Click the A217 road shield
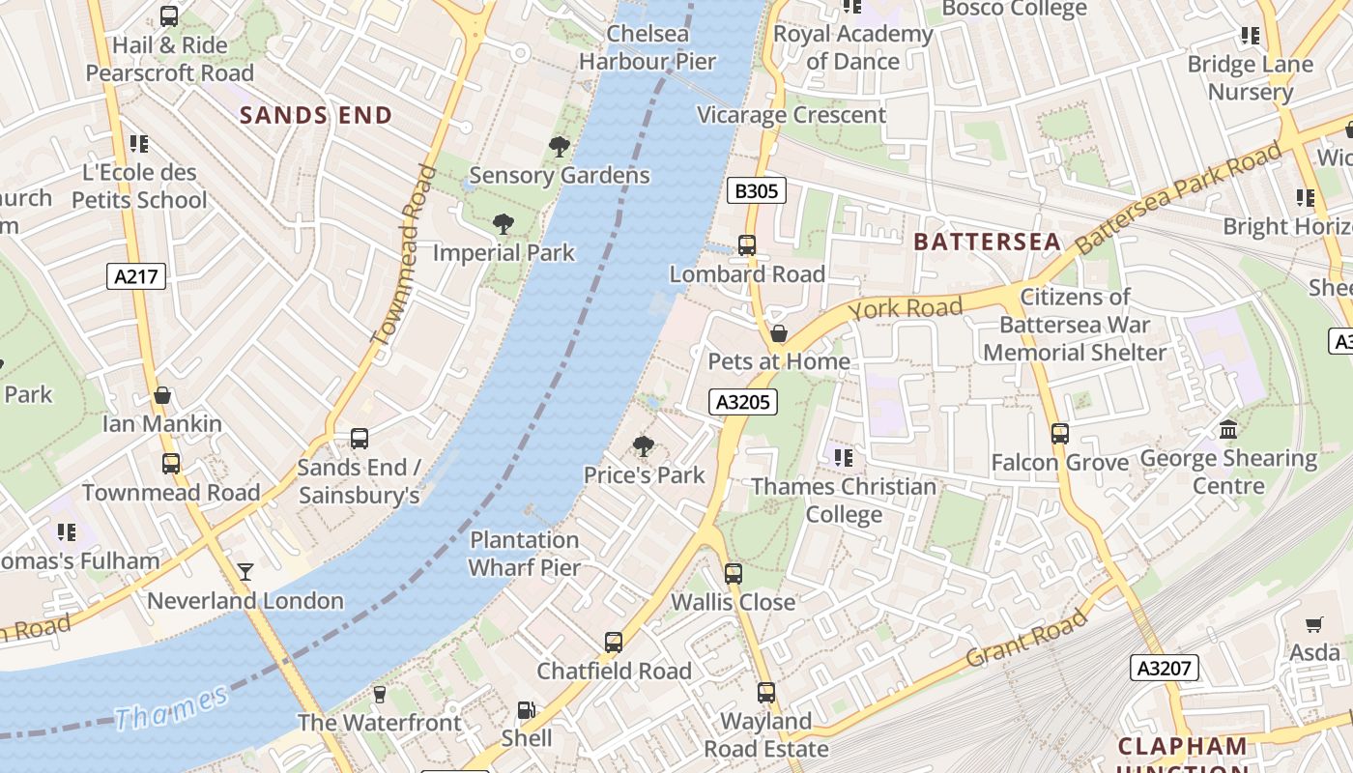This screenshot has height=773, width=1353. coord(136,277)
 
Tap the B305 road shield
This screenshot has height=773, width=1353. coord(756,190)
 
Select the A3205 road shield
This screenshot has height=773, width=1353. coord(743,402)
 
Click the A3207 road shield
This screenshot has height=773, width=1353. coord(1165,668)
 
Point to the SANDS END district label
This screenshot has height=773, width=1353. coord(316,116)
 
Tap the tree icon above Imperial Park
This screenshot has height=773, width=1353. coord(503,224)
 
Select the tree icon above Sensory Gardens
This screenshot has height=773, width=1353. coord(559,147)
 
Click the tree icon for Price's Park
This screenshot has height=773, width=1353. coord(643,445)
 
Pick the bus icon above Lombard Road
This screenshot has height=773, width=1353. coord(747,245)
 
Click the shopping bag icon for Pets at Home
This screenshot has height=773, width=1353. coord(779,333)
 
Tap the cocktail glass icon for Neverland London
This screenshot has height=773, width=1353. coord(245,572)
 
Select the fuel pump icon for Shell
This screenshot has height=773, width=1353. coord(526,710)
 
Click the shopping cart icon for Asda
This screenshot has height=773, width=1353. coord(1313,624)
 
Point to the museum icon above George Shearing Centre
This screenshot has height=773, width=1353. coord(1228,429)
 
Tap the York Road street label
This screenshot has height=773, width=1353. coord(906,309)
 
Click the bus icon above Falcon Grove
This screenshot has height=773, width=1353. coord(1059,434)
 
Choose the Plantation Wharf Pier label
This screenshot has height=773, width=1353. coord(525,554)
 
